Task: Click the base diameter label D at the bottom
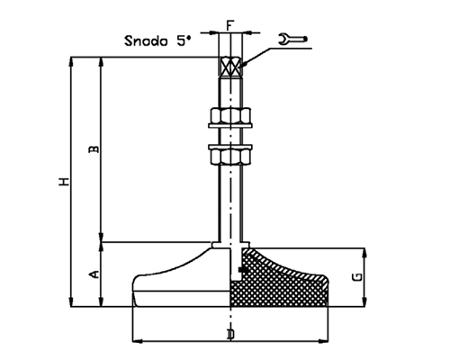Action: tap(231, 335)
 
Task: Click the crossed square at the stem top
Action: tap(231, 67)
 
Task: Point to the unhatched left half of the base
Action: tap(180, 283)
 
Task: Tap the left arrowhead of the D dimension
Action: tap(137, 342)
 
